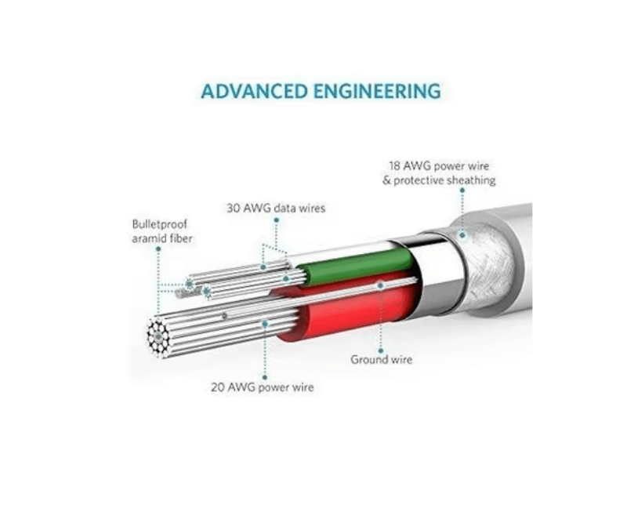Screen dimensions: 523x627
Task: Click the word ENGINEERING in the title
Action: (x=375, y=91)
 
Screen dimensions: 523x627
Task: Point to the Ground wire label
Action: (x=381, y=360)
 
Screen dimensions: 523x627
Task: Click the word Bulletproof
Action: (x=160, y=224)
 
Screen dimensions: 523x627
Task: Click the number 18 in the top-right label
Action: (x=396, y=166)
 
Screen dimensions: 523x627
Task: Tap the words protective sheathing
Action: (x=453, y=180)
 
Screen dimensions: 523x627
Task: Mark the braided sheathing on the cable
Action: (x=486, y=259)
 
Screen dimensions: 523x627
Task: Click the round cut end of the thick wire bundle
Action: (x=158, y=338)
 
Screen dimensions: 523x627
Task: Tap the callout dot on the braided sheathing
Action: (x=462, y=234)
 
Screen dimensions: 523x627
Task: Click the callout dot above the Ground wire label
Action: (x=380, y=287)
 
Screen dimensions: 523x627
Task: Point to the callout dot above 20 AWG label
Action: (x=265, y=322)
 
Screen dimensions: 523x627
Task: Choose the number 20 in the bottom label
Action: (x=218, y=387)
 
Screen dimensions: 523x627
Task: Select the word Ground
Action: (x=368, y=360)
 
